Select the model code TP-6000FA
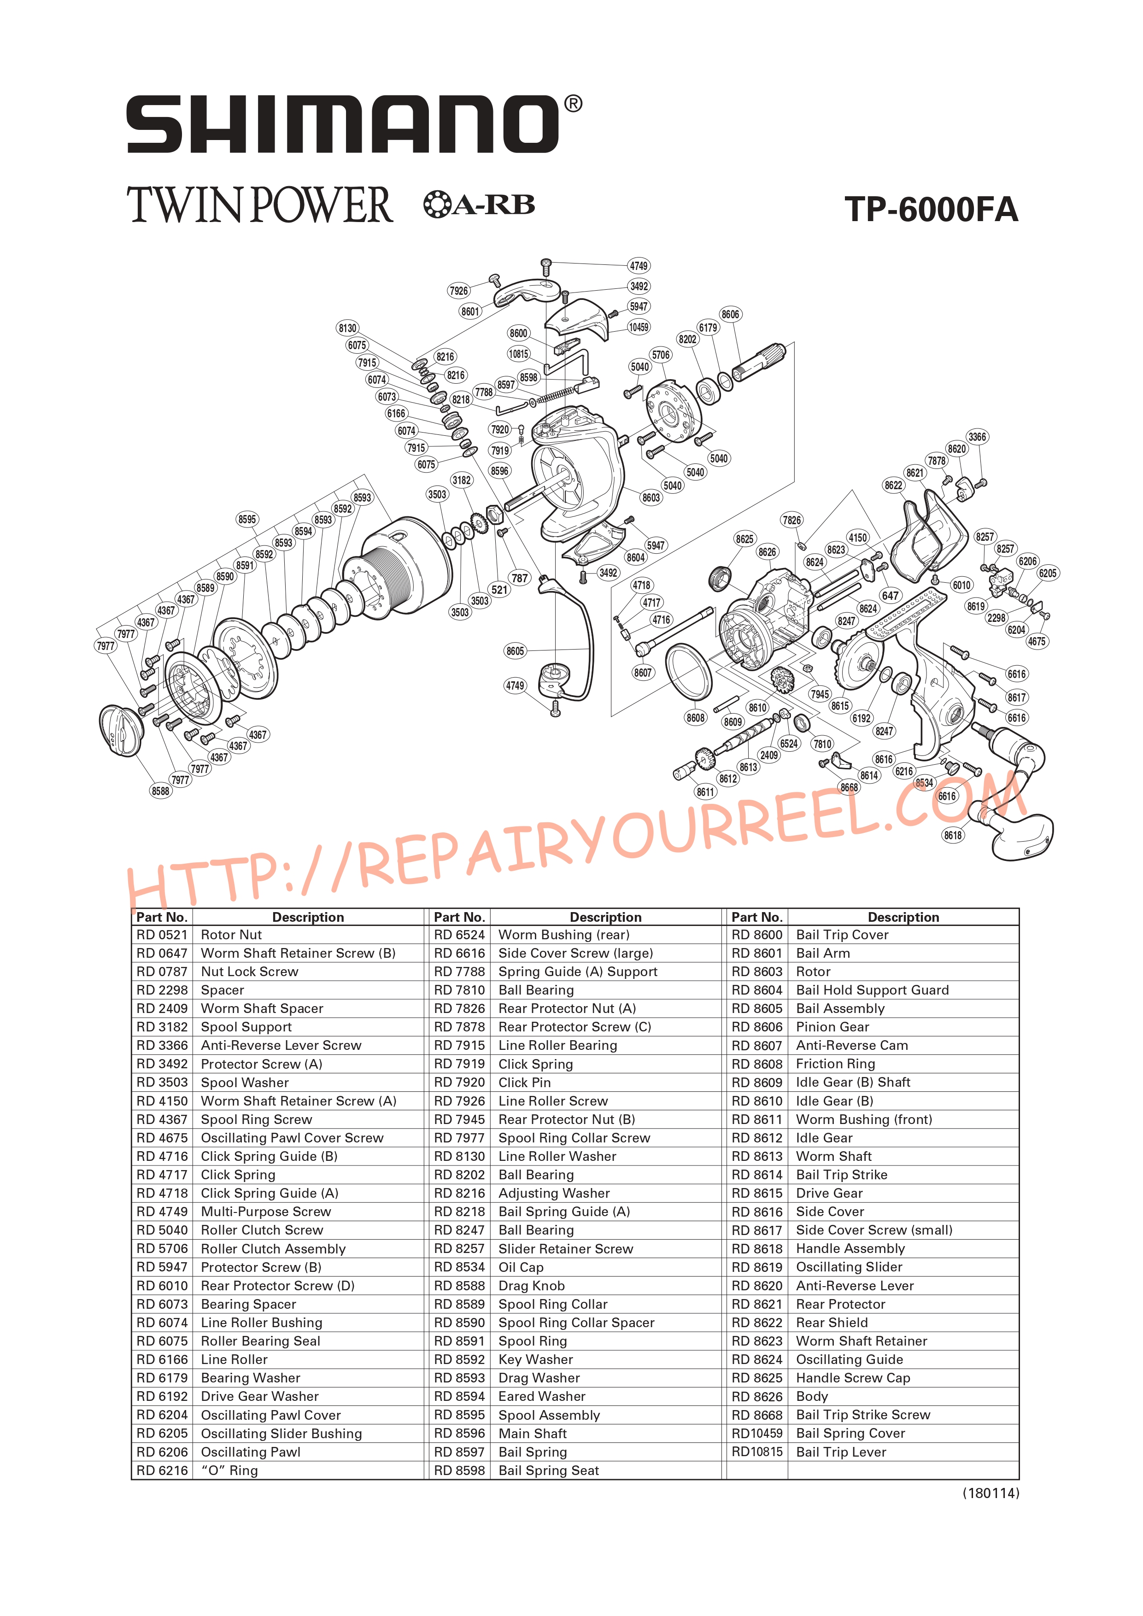pyautogui.click(x=931, y=209)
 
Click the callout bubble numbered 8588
pyautogui.click(x=160, y=791)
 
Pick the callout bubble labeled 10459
pyautogui.click(x=639, y=327)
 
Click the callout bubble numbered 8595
pyautogui.click(x=247, y=520)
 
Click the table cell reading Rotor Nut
pyautogui.click(x=232, y=935)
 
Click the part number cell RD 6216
pyautogui.click(x=162, y=1470)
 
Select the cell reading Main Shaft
pyautogui.click(x=533, y=1433)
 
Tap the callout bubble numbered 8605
pyautogui.click(x=515, y=651)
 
